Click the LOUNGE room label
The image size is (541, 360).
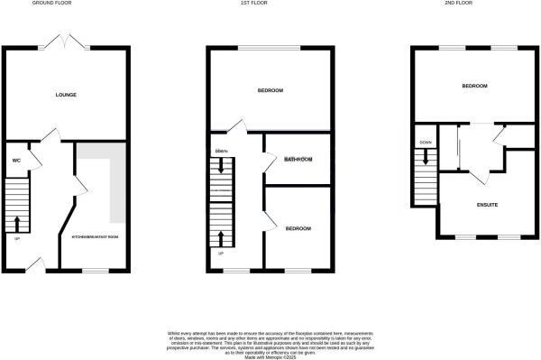pyautogui.click(x=65, y=94)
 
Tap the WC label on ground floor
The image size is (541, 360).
pyautogui.click(x=16, y=161)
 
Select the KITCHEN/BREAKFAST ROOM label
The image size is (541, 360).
pyautogui.click(x=95, y=237)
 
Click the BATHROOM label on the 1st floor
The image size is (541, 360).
pyautogui.click(x=298, y=160)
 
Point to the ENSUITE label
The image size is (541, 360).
pyautogui.click(x=487, y=205)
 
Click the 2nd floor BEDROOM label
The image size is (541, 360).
pyautogui.click(x=474, y=86)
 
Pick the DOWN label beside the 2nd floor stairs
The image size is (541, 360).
pyautogui.click(x=425, y=143)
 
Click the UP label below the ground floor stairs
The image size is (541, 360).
pyautogui.click(x=16, y=238)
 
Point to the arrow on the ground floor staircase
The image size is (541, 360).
pyautogui.click(x=17, y=222)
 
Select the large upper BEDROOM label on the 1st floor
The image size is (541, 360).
pyautogui.click(x=270, y=90)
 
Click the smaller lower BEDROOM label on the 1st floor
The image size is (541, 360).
pyautogui.click(x=298, y=228)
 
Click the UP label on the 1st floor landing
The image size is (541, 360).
pyautogui.click(x=220, y=253)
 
